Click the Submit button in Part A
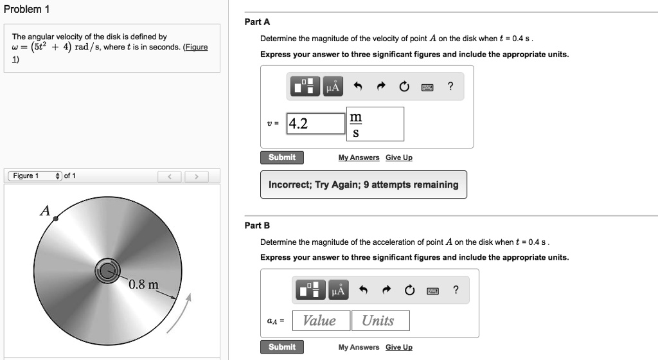coord(282,157)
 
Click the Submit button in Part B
coord(282,347)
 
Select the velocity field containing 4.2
coord(316,123)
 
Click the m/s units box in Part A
coord(375,124)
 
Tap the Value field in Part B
coord(319,320)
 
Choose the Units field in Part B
coord(379,320)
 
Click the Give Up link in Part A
coord(398,158)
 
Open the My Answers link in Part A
coord(359,158)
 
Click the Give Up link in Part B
coord(398,348)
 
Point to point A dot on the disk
coord(56,219)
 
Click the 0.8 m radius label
coord(143,285)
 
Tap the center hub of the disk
coord(107,271)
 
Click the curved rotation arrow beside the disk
coord(181,315)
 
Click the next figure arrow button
coord(196,177)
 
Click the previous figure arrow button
coord(170,177)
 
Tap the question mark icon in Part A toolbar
coord(450,87)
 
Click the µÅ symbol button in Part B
coord(338,291)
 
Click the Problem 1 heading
coord(26,10)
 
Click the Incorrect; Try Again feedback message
coord(363,184)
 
